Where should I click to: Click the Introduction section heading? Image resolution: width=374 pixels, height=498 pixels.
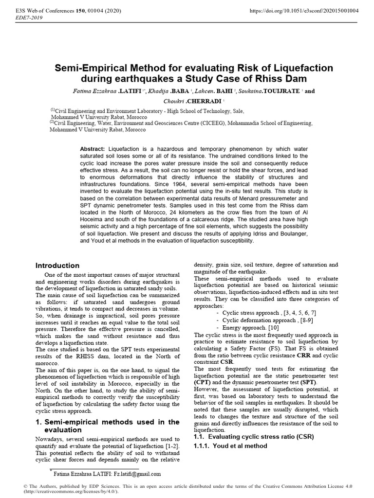(57, 266)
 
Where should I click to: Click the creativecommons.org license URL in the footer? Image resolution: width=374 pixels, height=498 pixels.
(65, 492)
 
